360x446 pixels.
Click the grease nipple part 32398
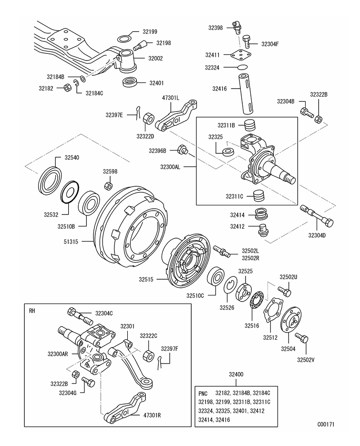tap(235, 27)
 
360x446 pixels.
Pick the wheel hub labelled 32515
tap(188, 260)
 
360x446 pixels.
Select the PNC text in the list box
tap(203, 393)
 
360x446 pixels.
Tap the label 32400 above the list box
tap(237, 375)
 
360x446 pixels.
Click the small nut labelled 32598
tap(108, 185)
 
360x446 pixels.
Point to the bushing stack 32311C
tap(258, 195)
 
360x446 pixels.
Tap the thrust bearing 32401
tap(129, 82)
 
